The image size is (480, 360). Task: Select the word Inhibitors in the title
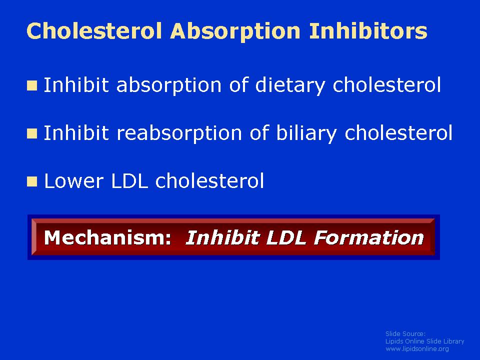368,30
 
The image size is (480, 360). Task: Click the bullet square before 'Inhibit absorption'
32,85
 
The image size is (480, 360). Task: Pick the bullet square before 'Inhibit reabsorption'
32,134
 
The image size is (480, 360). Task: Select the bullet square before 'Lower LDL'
32,181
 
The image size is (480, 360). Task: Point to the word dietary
290,85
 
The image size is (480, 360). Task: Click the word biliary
306,134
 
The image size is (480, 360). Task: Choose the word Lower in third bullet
74,181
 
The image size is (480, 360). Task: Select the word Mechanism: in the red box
107,237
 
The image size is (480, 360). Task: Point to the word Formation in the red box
369,237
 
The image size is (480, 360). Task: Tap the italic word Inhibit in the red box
222,237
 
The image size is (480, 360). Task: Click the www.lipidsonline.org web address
417,348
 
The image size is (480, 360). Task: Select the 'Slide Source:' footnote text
405,333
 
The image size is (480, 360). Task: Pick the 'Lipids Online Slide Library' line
424,341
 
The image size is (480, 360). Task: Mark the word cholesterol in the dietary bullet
387,85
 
